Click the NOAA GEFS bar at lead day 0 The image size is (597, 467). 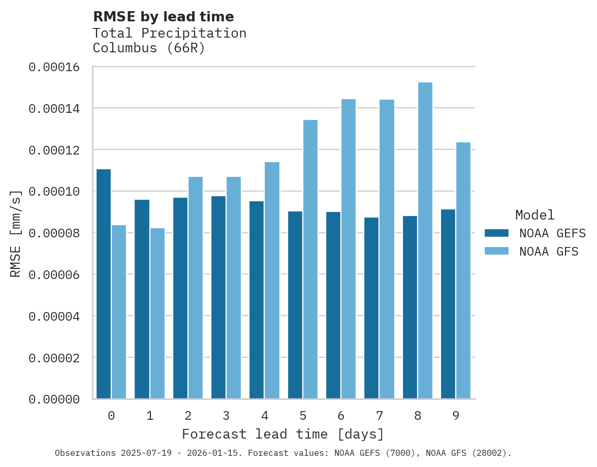(x=104, y=284)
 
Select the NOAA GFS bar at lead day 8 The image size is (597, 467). (x=425, y=241)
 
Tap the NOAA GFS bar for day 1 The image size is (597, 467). (x=157, y=314)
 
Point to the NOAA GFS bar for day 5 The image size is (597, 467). (x=310, y=260)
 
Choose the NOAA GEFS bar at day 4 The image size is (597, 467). (x=257, y=300)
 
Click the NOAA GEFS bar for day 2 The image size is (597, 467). (x=180, y=298)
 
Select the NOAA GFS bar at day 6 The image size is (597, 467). (x=349, y=249)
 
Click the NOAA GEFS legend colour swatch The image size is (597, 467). (x=496, y=233)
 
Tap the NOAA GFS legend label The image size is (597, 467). (x=549, y=251)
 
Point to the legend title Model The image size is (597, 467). (x=535, y=215)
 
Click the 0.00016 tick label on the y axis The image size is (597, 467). (x=54, y=67)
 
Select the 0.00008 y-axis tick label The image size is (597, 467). (x=54, y=233)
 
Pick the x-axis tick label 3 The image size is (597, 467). (x=226, y=416)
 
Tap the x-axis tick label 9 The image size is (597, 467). (x=456, y=416)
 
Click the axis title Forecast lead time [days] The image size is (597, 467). (x=283, y=434)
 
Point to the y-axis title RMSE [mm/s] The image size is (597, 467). (x=16, y=234)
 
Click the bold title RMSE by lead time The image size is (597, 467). (x=164, y=17)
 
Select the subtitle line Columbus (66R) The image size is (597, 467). (x=149, y=49)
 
